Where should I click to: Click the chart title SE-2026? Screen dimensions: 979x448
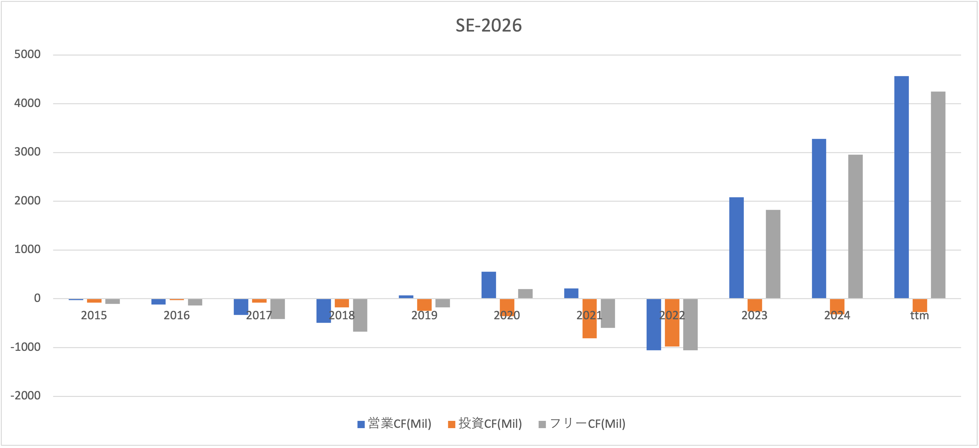(489, 26)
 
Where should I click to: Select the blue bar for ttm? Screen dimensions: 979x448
(901, 187)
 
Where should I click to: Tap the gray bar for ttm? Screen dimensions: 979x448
(938, 195)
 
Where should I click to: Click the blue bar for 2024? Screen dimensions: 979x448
(819, 219)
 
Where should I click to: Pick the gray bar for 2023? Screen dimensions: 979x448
(773, 254)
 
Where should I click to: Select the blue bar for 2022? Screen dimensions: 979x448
(654, 325)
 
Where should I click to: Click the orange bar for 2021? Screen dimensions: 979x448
(590, 318)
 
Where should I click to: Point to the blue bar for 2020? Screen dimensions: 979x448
(489, 285)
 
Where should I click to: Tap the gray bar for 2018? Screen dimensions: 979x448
(360, 315)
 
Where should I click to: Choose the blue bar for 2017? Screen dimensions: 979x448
(241, 307)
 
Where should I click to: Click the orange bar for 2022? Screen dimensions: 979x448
(672, 323)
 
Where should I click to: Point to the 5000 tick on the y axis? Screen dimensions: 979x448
(27, 54)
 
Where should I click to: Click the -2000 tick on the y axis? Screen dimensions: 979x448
(26, 396)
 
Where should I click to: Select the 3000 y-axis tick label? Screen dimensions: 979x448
(27, 152)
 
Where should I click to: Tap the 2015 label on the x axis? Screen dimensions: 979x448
(94, 315)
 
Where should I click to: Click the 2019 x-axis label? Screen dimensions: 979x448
(424, 315)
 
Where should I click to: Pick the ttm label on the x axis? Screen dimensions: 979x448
(920, 316)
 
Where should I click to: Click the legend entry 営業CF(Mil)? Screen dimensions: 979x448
(395, 424)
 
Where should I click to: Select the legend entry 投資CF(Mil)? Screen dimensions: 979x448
(485, 424)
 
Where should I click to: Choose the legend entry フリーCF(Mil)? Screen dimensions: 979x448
(582, 424)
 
